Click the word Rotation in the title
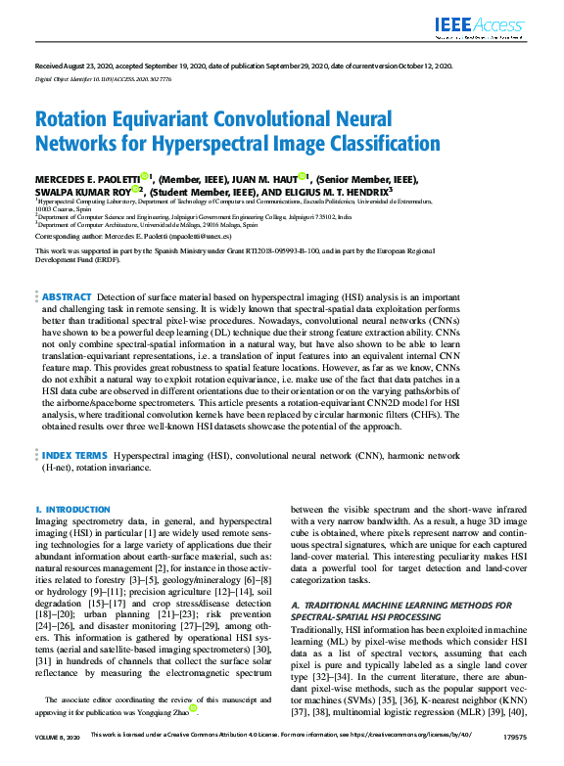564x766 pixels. (77, 119)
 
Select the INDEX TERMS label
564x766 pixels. (72, 456)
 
